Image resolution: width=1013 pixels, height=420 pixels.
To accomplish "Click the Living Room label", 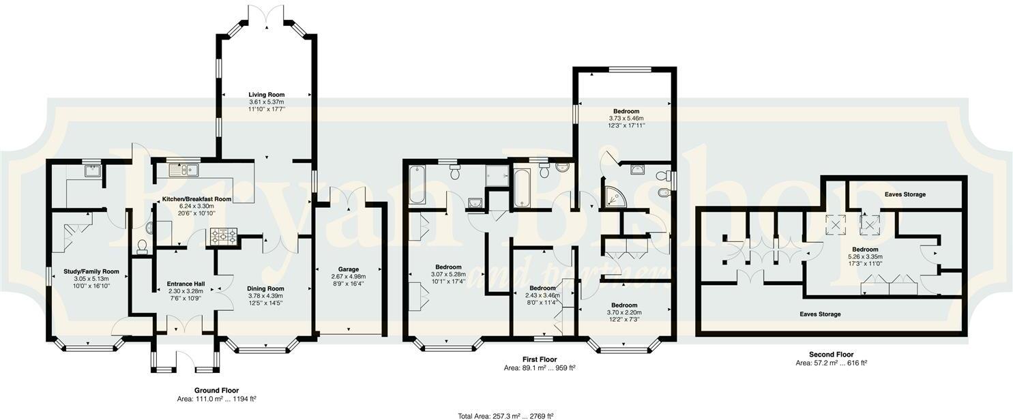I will tap(266, 95).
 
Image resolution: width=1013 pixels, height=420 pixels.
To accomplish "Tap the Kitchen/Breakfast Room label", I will tap(196, 199).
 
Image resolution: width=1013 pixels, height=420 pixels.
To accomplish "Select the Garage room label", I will tap(348, 269).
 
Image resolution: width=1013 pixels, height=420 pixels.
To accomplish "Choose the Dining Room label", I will tap(265, 288).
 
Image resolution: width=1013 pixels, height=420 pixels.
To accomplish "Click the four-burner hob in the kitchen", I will tap(223, 236).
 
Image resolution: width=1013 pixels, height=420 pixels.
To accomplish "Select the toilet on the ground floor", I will tap(142, 245).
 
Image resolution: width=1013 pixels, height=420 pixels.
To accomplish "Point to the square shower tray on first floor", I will tap(497, 177).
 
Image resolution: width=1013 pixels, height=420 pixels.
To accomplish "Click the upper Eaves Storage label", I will tap(905, 194).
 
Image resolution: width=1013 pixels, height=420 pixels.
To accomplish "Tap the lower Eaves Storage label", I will tap(820, 314).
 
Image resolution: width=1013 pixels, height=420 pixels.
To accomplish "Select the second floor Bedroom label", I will tap(865, 250).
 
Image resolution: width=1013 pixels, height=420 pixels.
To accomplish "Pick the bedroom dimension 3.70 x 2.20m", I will tap(624, 312).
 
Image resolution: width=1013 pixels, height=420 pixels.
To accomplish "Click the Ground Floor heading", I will tap(216, 391).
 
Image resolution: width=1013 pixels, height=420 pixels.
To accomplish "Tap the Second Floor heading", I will tap(831, 355).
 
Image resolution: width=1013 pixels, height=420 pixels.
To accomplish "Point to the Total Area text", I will tap(505, 415).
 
